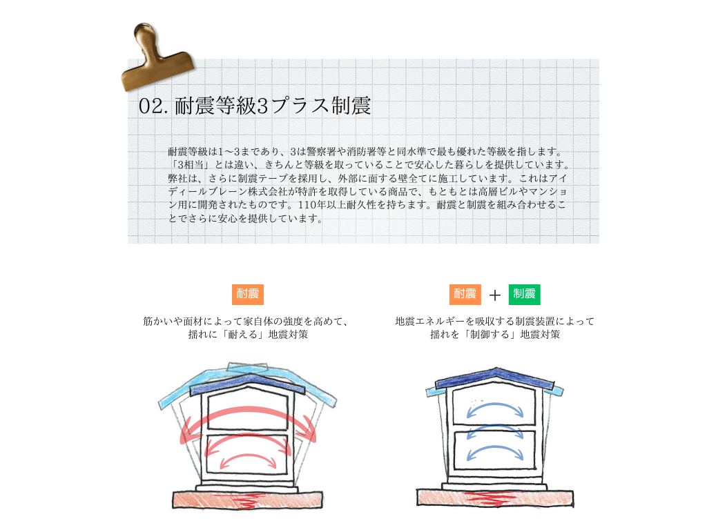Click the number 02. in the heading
click(153, 106)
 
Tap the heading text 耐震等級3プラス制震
click(272, 106)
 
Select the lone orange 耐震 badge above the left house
click(248, 294)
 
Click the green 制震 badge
click(525, 294)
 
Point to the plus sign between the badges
click(494, 295)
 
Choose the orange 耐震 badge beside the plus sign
click(465, 294)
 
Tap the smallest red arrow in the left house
click(248, 458)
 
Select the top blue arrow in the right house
click(494, 406)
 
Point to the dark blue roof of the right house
click(494, 377)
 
